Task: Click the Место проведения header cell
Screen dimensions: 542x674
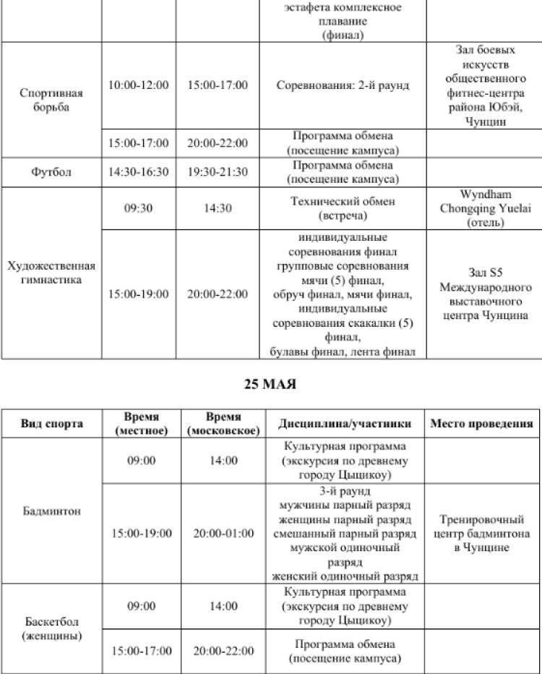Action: point(481,423)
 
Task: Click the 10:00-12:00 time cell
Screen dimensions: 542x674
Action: point(138,85)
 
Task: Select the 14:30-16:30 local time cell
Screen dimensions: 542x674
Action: point(138,172)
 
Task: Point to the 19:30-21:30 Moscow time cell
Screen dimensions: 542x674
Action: point(218,172)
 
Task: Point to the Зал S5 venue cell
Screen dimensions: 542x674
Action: point(481,294)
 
